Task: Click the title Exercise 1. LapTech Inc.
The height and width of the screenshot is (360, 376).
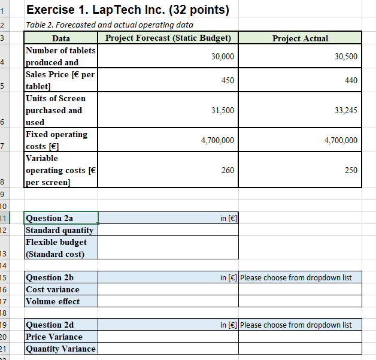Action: point(128,10)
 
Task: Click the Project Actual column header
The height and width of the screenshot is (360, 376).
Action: point(300,38)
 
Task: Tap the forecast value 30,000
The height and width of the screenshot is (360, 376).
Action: point(223,56)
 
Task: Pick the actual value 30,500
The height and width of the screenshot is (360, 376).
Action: point(347,56)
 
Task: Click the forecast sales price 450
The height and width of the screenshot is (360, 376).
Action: point(228,80)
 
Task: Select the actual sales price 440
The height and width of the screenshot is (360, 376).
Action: point(351,80)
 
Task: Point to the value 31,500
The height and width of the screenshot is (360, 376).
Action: point(223,110)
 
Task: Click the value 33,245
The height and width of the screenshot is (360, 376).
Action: point(347,110)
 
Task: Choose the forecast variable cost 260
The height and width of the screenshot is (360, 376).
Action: point(228,170)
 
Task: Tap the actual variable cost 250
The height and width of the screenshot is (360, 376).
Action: point(351,170)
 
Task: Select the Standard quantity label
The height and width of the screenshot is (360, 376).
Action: point(59,230)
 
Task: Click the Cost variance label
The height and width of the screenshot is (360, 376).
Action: point(53,289)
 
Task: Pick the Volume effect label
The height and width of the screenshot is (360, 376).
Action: point(53,301)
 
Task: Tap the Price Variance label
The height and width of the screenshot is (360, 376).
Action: point(54,337)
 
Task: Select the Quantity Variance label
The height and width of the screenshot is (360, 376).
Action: point(60,349)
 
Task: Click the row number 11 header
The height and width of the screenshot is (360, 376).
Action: point(4,218)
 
